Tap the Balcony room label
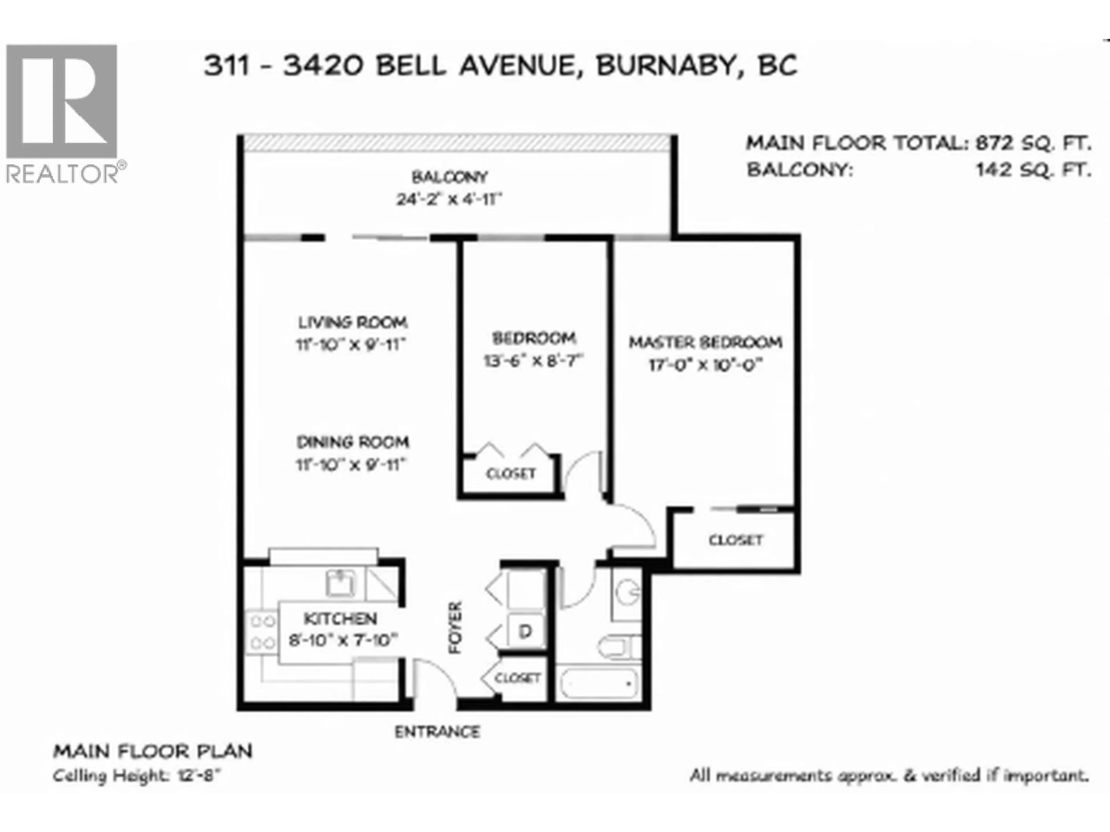[449, 177]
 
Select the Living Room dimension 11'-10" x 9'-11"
[351, 345]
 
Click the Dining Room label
[353, 442]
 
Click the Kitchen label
[341, 618]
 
